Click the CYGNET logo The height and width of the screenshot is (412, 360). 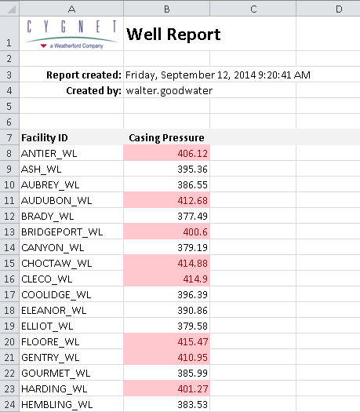click(x=71, y=35)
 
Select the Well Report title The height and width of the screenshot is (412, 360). click(x=173, y=35)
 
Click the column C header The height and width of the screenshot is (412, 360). click(x=253, y=9)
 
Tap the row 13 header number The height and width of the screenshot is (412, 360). click(x=9, y=232)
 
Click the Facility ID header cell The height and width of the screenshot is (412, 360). click(x=45, y=137)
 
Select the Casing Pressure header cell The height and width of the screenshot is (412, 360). click(x=166, y=137)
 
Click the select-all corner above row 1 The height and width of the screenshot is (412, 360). click(x=9, y=9)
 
